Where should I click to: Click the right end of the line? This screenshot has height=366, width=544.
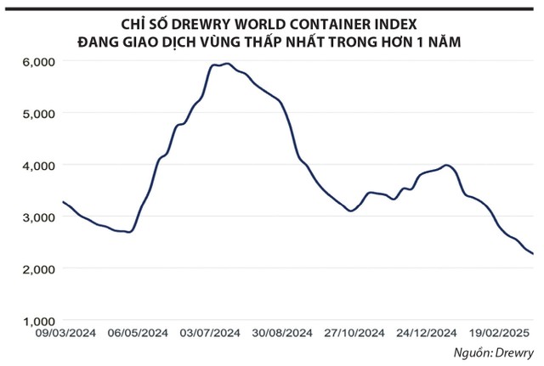pos(533,253)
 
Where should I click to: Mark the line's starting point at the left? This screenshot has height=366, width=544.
pos(63,201)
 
